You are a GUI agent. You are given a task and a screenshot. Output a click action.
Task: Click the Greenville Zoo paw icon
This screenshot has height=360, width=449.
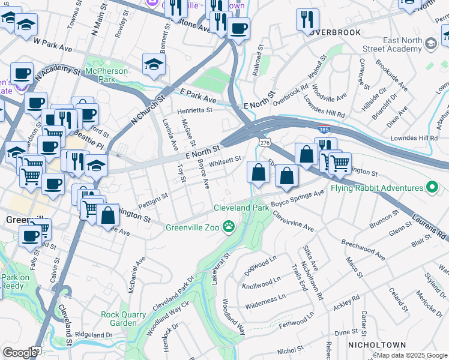pos(229,226)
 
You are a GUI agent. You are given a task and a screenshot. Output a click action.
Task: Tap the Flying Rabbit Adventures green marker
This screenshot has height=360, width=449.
pos(431,188)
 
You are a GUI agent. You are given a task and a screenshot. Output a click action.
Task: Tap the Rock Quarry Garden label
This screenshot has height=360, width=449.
pos(123,319)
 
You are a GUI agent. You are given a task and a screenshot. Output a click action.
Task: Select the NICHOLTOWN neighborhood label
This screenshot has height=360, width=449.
pos(376,345)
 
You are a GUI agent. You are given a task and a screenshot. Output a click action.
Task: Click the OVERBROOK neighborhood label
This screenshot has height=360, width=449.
pos(336,32)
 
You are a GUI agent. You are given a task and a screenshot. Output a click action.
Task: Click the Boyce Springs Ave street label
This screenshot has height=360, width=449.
pos(298,199)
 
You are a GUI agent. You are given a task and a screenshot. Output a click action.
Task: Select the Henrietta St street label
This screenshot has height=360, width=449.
pos(194,110)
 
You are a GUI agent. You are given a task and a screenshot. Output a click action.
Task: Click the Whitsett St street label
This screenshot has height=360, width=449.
pos(225,160)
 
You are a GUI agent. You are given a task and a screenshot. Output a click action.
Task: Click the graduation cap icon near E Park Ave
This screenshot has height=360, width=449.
pos(154,64)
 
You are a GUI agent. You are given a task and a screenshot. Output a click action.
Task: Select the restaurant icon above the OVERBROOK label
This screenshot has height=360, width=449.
pos(307,19)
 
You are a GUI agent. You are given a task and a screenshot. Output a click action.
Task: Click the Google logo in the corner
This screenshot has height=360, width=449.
pos(20,353)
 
